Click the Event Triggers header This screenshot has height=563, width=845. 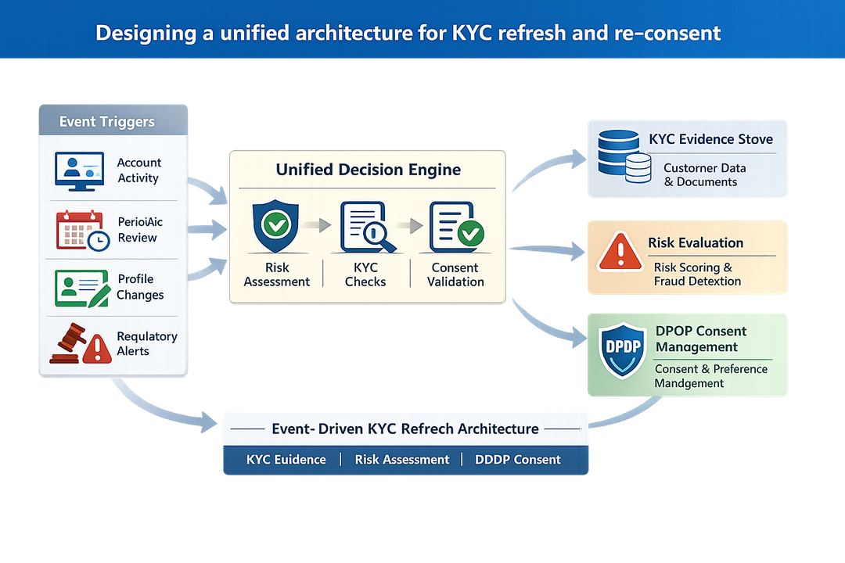point(107,122)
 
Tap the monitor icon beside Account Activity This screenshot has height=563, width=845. point(79,170)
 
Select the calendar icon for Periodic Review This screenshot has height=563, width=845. point(81,230)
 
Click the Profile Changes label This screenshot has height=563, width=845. point(140,287)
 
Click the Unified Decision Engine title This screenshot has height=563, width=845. point(368,170)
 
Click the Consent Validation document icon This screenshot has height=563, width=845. point(456,227)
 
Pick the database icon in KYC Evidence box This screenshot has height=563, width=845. point(624,156)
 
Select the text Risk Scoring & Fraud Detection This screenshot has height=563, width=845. point(697,274)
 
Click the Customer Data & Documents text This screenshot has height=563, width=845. point(704,175)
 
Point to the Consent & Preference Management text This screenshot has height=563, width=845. point(710,376)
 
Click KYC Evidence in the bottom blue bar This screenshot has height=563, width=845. point(286,460)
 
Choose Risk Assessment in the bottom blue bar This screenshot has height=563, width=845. point(402,460)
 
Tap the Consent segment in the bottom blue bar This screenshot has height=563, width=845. point(517,460)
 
